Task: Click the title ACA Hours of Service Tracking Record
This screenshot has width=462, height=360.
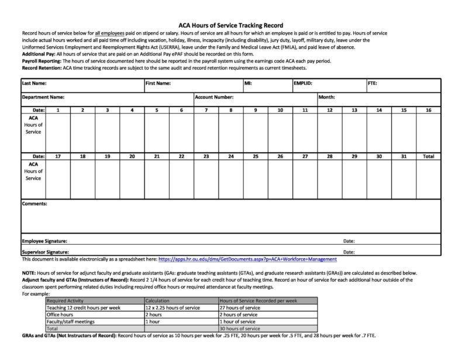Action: click(x=230, y=25)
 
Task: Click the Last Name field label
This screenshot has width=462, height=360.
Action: click(x=34, y=84)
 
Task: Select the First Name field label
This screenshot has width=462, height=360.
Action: click(x=158, y=84)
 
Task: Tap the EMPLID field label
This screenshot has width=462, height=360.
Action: click(x=303, y=84)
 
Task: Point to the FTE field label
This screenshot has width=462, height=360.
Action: click(x=372, y=84)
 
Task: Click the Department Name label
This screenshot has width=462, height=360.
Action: click(x=43, y=97)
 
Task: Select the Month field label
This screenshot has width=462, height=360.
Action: click(x=326, y=97)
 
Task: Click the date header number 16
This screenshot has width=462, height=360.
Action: click(x=428, y=110)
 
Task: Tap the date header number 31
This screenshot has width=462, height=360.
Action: click(x=404, y=156)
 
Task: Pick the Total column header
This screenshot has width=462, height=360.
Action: click(x=428, y=156)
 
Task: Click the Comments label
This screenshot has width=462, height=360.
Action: click(x=35, y=204)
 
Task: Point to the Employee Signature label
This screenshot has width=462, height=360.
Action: click(x=44, y=241)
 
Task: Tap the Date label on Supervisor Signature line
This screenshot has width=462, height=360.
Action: click(x=349, y=252)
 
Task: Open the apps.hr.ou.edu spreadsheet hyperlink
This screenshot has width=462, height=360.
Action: click(x=247, y=259)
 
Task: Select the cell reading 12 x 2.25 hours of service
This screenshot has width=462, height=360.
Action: click(x=169, y=307)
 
